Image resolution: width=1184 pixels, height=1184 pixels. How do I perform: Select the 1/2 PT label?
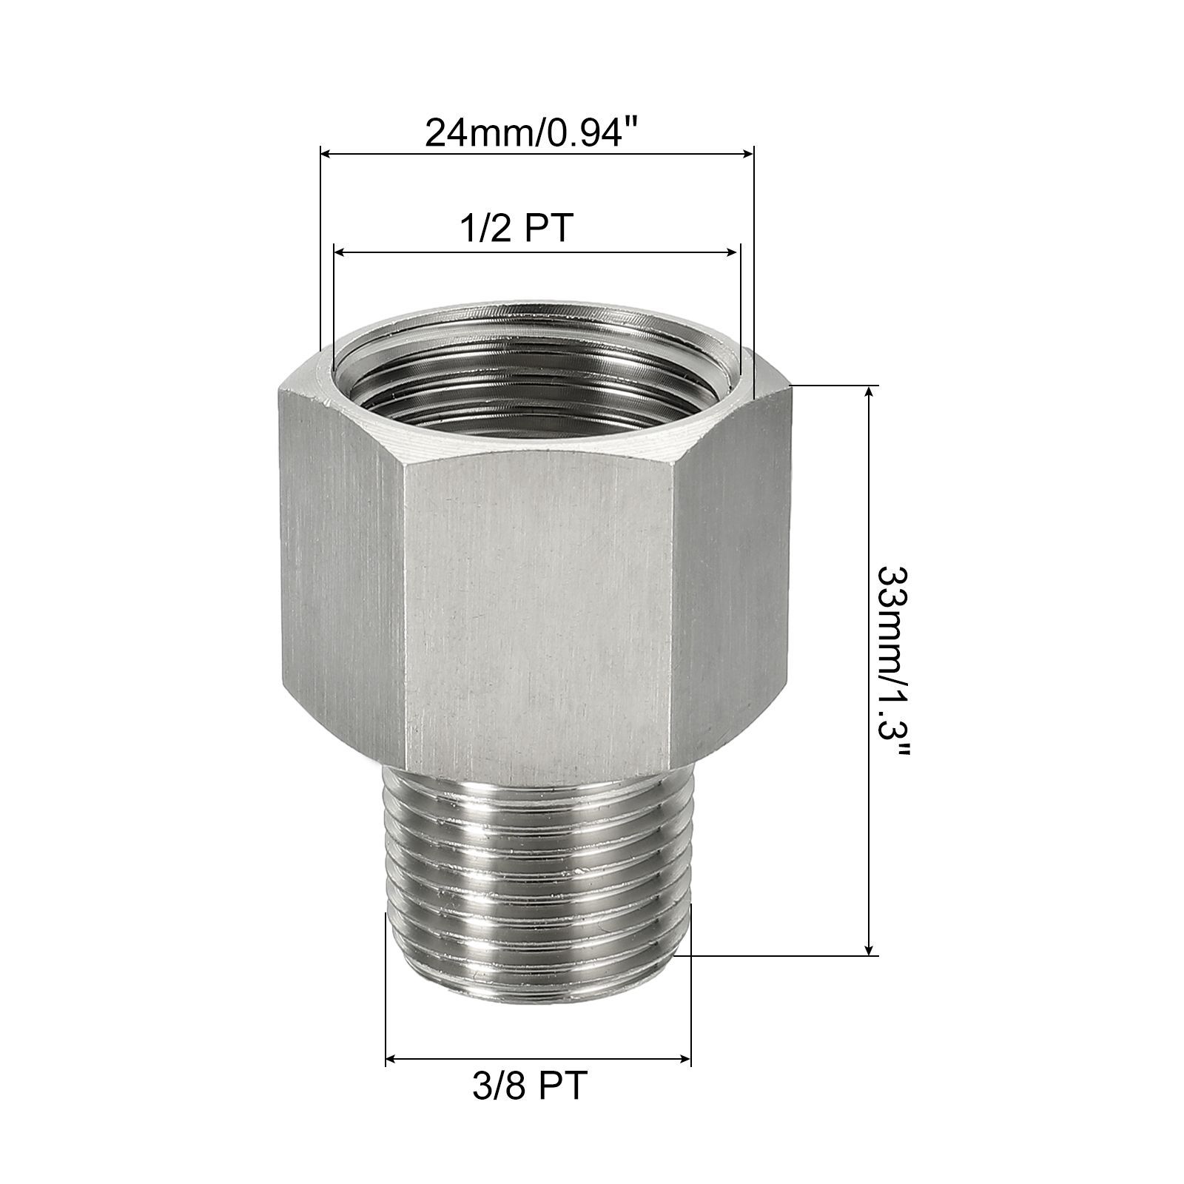point(516,229)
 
